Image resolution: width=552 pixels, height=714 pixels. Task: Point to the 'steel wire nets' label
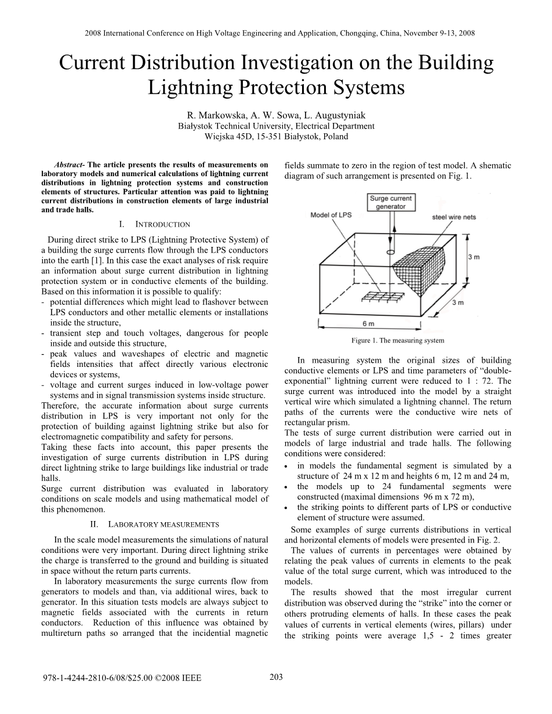point(453,217)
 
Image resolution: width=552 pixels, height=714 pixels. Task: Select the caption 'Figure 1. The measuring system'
point(397,341)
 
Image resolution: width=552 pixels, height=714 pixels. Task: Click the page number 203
point(276,677)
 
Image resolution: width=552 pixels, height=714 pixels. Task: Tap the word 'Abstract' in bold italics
point(68,165)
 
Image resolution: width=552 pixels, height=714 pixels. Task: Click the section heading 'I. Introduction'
point(154,224)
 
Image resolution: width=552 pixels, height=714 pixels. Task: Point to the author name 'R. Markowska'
point(212,115)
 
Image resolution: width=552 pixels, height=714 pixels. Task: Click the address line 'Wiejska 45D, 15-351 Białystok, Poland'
point(276,137)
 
